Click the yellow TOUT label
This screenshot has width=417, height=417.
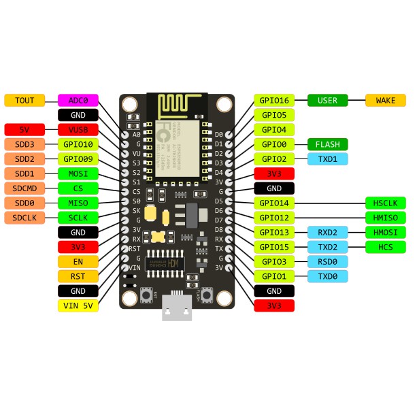pos(24,100)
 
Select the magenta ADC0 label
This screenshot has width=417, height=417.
pos(78,100)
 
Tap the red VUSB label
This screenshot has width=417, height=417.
pos(78,129)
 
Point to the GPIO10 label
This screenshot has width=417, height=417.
pos(78,144)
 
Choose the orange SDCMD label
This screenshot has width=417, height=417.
pos(24,188)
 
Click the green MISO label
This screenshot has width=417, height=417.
pos(78,203)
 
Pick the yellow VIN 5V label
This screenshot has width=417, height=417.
pos(78,305)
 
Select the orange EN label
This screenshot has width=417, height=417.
pos(78,261)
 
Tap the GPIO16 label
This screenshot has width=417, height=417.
pos(274,100)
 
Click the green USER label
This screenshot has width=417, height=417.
pos(328,100)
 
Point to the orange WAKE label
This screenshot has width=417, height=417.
pos(386,100)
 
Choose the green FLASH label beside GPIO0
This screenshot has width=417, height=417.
pos(328,144)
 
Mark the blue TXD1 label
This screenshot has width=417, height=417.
pos(328,159)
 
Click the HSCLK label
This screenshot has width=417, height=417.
pos(386,203)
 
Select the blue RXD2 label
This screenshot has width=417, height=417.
pos(328,232)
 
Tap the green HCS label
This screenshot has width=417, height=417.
pos(386,246)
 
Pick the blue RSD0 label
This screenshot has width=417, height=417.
pos(328,261)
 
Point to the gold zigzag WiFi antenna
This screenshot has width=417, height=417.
pos(178,106)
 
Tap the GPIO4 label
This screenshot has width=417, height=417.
pos(274,129)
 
